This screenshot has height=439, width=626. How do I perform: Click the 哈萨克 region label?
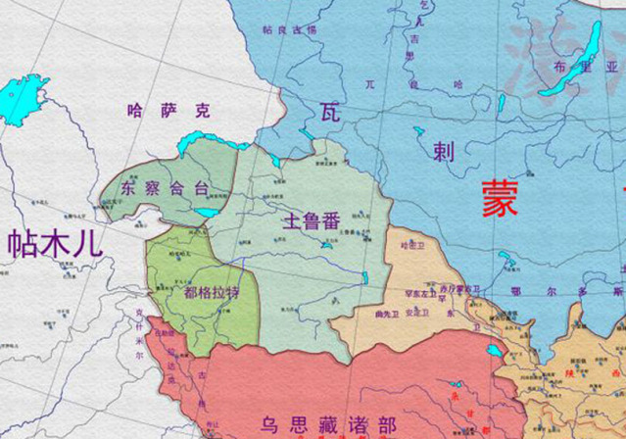point(169,110)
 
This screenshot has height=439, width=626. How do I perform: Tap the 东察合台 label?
point(164,187)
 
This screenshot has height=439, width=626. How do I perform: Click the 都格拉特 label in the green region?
point(212,292)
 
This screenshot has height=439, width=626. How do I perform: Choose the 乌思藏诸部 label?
point(328,423)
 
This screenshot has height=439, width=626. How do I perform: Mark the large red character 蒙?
point(503,199)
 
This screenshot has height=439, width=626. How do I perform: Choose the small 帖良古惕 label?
point(290,31)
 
